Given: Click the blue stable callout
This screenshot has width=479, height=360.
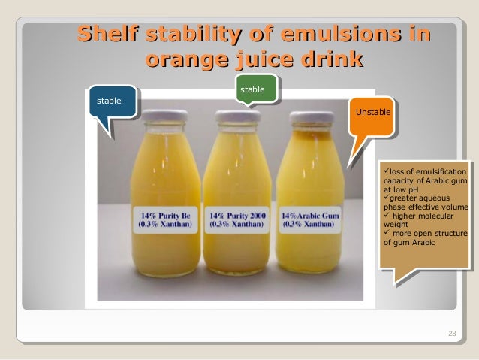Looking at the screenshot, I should tap(111, 101).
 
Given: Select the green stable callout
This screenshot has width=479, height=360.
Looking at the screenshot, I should tap(252, 90).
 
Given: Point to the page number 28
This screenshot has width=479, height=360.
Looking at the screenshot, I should tap(450, 333).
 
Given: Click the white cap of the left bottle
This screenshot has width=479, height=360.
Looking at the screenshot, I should tap(164, 116).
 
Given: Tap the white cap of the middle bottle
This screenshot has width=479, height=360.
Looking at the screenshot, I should tap(237, 117).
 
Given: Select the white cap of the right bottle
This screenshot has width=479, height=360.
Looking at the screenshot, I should tap(312, 118).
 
